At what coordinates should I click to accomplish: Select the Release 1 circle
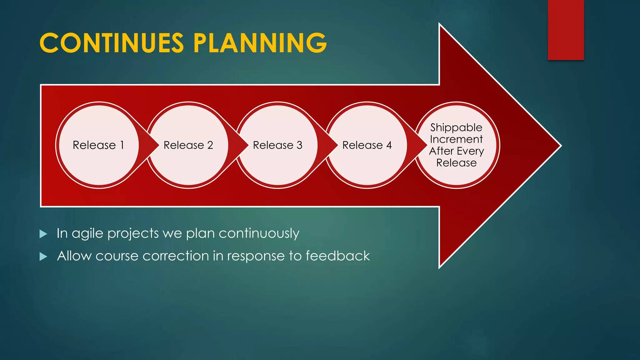[99, 145]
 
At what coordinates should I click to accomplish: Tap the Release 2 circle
[188, 145]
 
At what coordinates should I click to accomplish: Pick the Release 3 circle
[277, 145]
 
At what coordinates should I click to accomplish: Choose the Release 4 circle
[367, 145]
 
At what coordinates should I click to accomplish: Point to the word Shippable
[456, 127]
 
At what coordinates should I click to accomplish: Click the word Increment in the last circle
[456, 139]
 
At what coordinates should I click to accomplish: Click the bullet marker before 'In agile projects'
[43, 234]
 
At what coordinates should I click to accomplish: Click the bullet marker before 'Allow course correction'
[43, 257]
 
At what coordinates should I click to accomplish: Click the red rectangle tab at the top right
[566, 30]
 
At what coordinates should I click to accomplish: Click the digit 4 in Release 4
[389, 145]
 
